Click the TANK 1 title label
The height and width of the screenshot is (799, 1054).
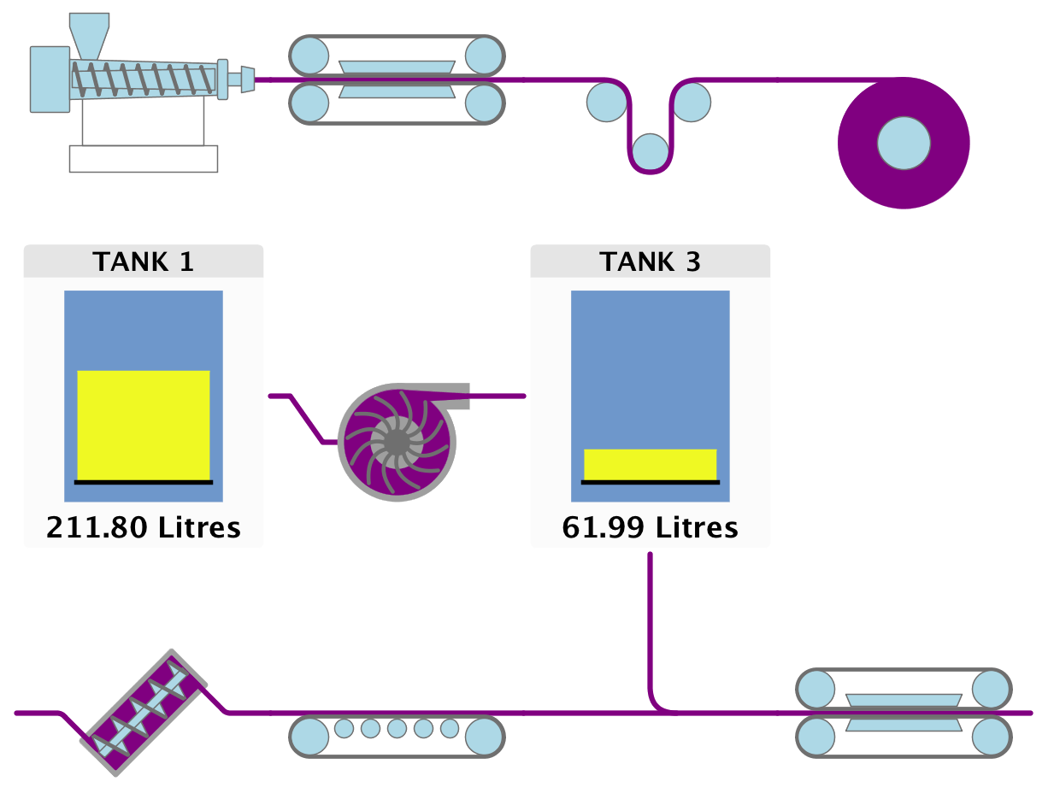[x=143, y=261]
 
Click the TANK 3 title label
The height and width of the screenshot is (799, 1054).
[x=650, y=261]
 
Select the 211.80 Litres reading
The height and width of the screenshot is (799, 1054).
[x=143, y=527]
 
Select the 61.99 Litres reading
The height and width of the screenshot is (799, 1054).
[x=650, y=527]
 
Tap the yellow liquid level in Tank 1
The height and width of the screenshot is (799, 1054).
[x=143, y=424]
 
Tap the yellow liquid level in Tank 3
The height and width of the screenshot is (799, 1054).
[x=650, y=464]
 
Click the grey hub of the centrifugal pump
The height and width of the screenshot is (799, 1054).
[x=397, y=442]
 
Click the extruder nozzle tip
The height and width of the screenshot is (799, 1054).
[x=248, y=79]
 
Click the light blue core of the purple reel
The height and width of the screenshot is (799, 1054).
[x=904, y=143]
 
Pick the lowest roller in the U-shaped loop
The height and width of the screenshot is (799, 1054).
[x=651, y=151]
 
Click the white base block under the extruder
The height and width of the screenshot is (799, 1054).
[x=143, y=159]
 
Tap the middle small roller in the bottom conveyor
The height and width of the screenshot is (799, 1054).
[x=397, y=728]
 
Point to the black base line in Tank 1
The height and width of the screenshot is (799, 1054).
[x=143, y=482]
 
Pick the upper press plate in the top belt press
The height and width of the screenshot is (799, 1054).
[x=397, y=66]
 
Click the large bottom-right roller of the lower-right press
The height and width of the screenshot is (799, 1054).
[x=990, y=736]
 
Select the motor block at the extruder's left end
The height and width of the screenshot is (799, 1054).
[x=50, y=79]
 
